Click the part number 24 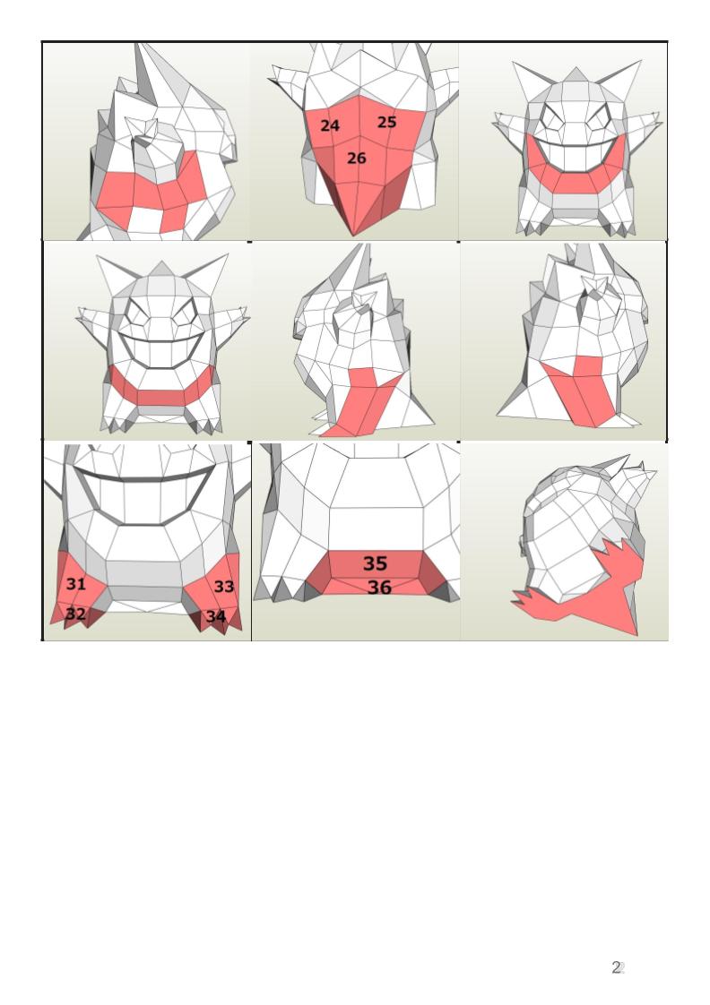click(x=330, y=125)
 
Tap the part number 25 click(x=386, y=122)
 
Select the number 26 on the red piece click(x=357, y=158)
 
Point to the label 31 click(x=75, y=584)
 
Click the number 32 click(x=75, y=614)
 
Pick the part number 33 click(x=224, y=587)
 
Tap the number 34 click(x=215, y=616)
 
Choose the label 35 click(x=376, y=563)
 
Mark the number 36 click(x=379, y=587)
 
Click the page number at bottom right click(x=618, y=967)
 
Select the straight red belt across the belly click(x=160, y=389)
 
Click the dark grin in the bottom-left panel click(x=145, y=494)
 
